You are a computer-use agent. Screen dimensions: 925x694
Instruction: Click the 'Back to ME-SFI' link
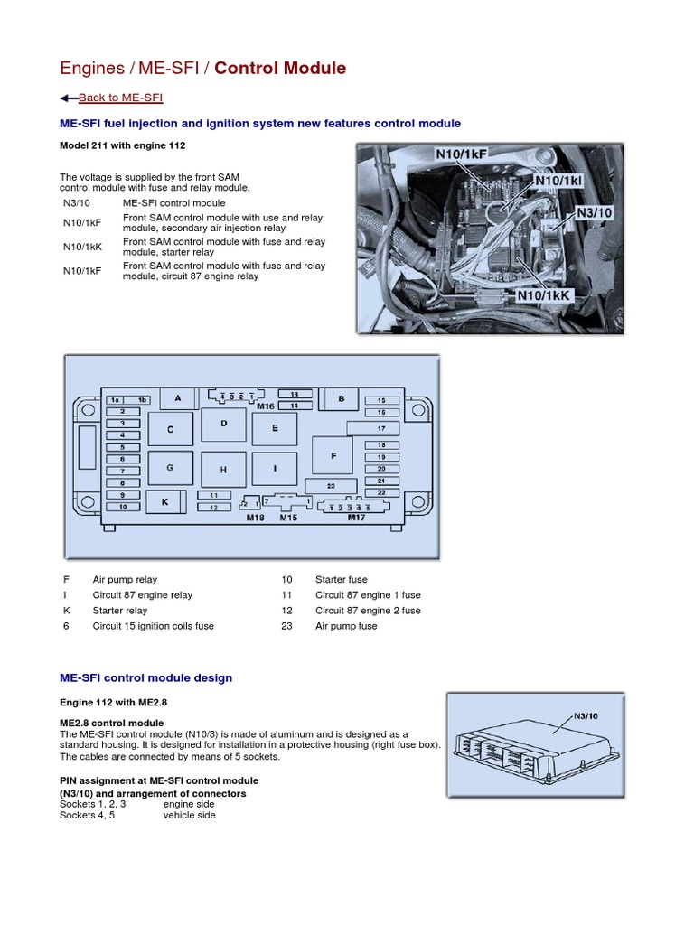(120, 98)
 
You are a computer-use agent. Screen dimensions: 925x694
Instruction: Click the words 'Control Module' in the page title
(280, 69)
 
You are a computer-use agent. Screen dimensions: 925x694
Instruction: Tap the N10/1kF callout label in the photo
(461, 155)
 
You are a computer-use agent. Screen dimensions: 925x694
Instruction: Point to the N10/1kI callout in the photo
(558, 181)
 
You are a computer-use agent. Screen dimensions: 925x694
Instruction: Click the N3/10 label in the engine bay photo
(595, 212)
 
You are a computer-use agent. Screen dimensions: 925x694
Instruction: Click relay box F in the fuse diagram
(333, 456)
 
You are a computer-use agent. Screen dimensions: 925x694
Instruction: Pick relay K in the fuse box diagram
(164, 501)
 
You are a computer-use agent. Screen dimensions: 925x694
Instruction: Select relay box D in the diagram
(224, 424)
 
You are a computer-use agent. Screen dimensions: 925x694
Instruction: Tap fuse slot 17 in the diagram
(380, 428)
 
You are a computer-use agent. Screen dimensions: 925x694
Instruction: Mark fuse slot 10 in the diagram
(122, 507)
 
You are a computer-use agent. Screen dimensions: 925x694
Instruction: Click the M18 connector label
(256, 518)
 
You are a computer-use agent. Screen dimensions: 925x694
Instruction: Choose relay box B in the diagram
(341, 398)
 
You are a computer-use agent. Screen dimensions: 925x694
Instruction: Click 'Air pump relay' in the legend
(125, 579)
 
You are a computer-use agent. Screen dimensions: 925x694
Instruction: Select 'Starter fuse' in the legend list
(341, 579)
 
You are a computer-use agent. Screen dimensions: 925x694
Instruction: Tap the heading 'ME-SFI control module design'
(145, 677)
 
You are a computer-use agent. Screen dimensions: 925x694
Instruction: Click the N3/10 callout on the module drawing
(587, 715)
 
